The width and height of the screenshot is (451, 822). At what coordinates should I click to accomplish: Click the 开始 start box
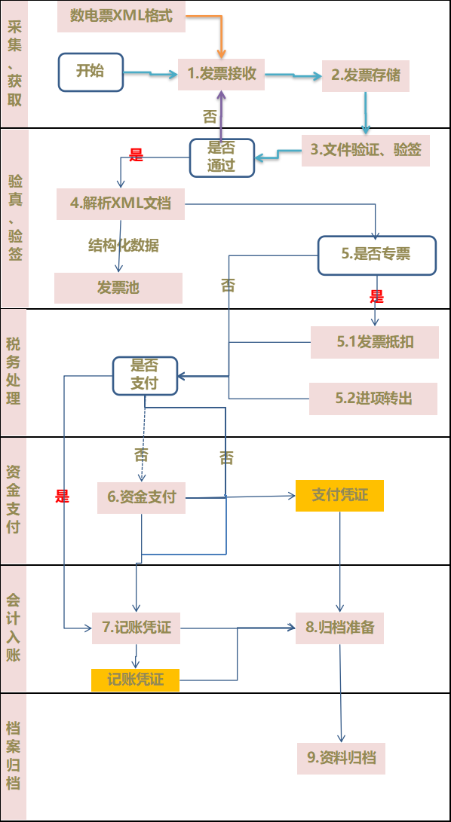pos(91,72)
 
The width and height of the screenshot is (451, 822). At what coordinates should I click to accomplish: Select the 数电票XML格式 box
pos(121,17)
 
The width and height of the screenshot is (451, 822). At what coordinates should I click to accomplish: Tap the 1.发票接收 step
pos(222,74)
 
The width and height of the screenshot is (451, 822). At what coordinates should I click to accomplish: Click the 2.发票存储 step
pos(366,75)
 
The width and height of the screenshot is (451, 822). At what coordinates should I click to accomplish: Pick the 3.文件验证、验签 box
pos(366,150)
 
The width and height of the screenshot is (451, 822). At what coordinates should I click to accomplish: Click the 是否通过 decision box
pos(222,157)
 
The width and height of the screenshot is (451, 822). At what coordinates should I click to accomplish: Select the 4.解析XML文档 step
pos(121,203)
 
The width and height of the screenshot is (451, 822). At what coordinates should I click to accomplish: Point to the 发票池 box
pos(118,288)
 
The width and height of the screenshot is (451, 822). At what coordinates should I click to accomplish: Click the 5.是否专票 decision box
pos(376,255)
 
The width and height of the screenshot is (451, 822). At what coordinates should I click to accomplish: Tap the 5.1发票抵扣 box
pos(374,343)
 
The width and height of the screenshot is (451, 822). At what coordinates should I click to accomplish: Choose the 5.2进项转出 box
pos(373,399)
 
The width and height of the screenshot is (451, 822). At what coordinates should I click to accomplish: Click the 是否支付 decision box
pos(145,374)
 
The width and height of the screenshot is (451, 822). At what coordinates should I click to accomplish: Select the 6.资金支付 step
pos(142,497)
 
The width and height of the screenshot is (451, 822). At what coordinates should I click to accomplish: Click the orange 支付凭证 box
pos(340,495)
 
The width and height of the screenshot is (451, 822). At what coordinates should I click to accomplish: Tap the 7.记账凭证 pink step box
pos(137,628)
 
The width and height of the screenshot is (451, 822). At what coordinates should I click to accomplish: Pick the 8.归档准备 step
pos(340,627)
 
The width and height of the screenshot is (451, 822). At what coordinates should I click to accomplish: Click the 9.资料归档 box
pos(341,758)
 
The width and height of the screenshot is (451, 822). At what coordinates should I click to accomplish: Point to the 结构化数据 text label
pos(123,246)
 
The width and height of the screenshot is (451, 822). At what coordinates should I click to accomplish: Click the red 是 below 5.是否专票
pos(376,298)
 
